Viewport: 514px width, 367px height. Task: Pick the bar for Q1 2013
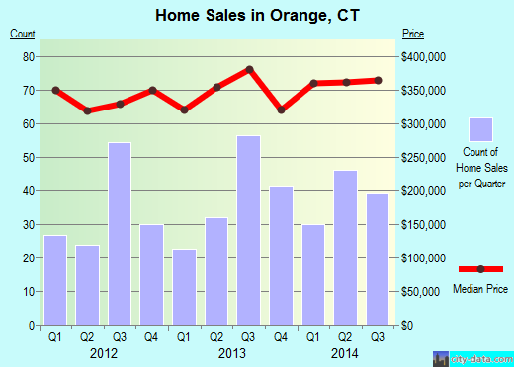tap(185, 287)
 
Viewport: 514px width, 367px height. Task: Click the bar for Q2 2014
tap(346, 248)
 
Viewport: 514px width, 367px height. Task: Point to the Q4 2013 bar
tap(282, 256)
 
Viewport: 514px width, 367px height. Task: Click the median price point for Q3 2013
tap(250, 69)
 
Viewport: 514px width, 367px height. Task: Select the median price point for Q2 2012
tap(88, 110)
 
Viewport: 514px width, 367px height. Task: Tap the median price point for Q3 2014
tap(379, 80)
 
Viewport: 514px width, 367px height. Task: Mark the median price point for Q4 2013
tap(282, 110)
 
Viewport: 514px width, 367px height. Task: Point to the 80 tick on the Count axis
tap(28, 57)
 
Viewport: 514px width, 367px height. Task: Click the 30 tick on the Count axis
tap(28, 225)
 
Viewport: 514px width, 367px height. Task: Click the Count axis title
tap(23, 35)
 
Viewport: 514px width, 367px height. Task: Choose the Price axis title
tap(412, 35)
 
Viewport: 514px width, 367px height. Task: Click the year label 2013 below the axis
tap(233, 352)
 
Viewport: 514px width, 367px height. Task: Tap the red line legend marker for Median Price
tap(480, 269)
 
